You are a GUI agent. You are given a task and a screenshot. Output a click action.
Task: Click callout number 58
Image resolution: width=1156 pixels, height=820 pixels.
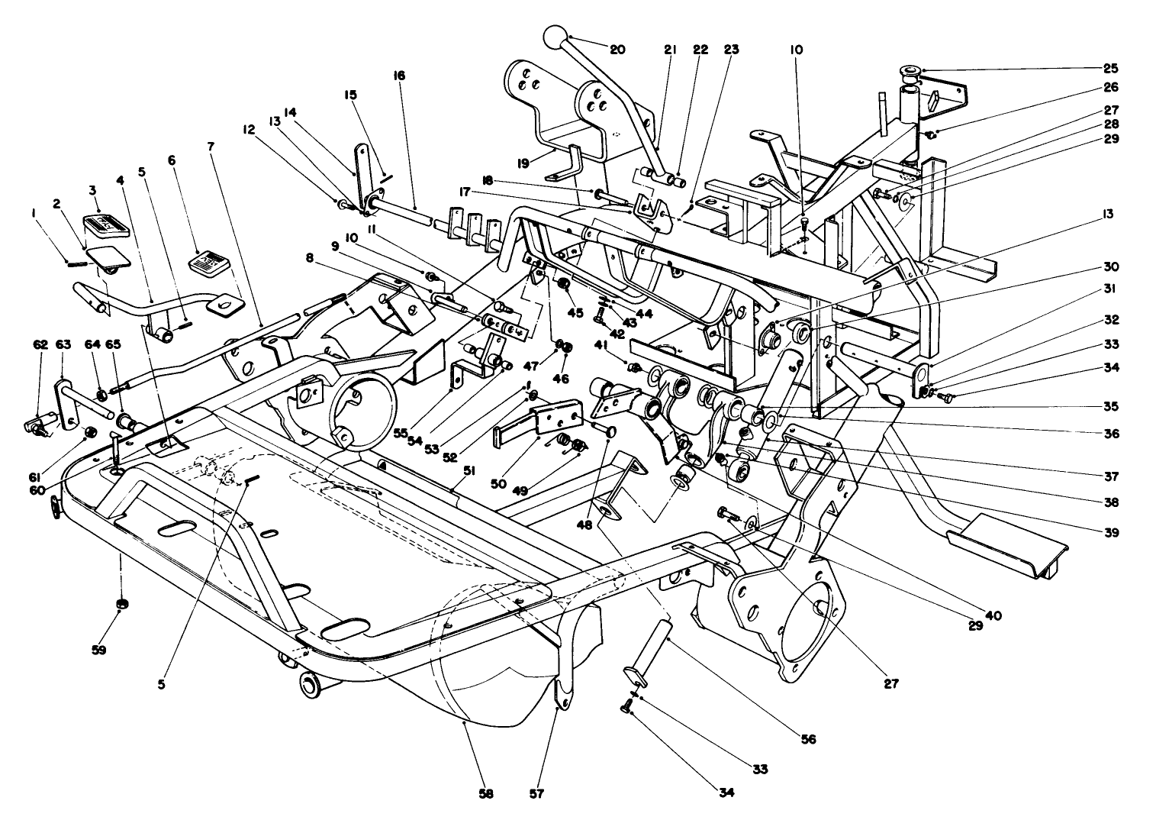486,794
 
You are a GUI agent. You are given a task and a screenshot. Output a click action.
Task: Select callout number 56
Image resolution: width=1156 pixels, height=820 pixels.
808,739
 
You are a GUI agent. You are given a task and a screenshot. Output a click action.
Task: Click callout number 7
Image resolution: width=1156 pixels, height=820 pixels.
211,146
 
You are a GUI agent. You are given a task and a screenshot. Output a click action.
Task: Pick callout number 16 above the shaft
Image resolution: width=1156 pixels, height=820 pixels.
400,76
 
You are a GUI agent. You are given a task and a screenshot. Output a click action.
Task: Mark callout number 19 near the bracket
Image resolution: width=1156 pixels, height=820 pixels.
522,163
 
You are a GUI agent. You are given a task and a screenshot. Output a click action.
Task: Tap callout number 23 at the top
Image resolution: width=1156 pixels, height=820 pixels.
731,50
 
